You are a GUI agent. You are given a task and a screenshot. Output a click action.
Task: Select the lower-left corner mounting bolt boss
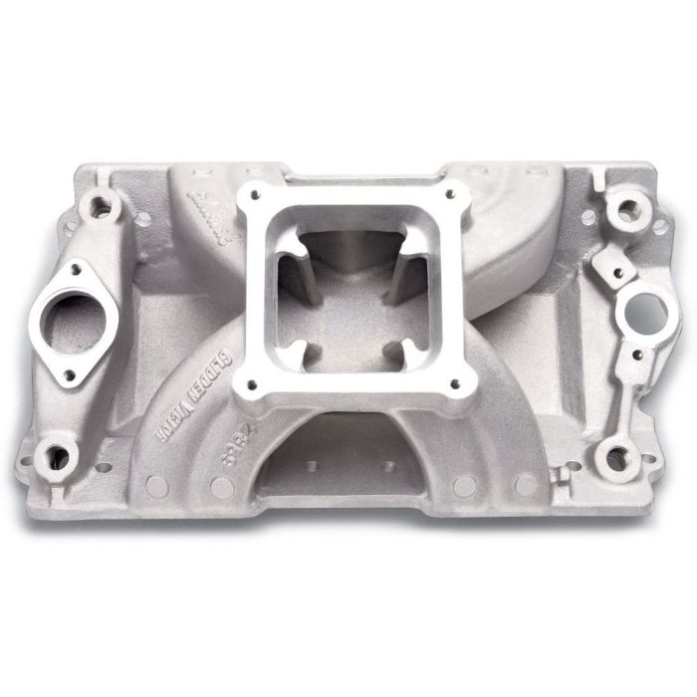[x=59, y=458]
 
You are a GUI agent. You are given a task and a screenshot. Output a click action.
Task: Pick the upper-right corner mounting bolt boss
[x=625, y=211]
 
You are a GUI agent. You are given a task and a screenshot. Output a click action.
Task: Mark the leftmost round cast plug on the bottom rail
[x=156, y=486]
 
